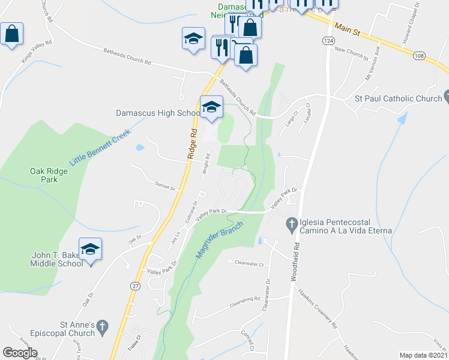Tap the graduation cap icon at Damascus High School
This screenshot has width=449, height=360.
coord(211,107)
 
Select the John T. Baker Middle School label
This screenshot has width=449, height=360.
coord(57,259)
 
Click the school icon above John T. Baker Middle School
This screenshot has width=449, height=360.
coord(90,249)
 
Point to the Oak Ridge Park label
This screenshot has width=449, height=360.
coord(49,175)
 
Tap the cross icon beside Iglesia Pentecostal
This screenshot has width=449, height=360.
coord(292,225)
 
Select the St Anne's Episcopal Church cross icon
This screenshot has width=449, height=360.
coord(103,327)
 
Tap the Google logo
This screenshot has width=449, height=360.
coord(20,353)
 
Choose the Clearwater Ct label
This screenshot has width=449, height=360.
coord(250,262)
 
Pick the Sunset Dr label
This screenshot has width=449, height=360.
coord(164,187)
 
